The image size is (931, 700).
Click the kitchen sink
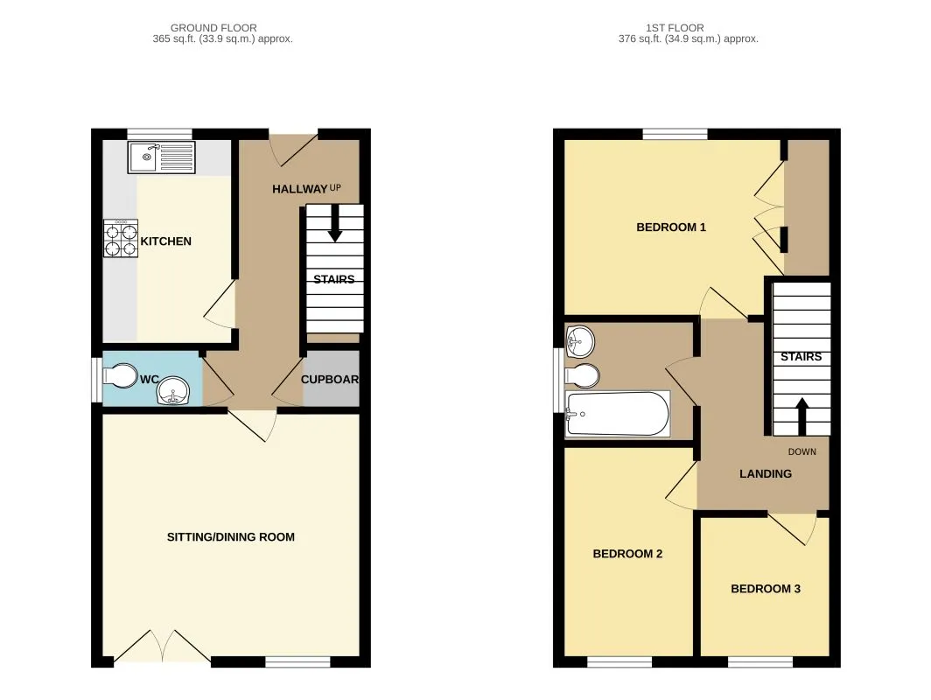(x=162, y=157)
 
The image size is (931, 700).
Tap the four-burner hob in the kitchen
(x=121, y=239)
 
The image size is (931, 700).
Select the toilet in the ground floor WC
(x=120, y=375)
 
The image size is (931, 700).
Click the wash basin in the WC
(x=173, y=392)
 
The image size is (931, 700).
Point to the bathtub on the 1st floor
(x=618, y=413)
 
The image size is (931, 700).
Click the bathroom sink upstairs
(x=580, y=342)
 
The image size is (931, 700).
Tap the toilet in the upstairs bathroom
(x=582, y=375)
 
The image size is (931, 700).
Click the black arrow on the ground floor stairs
(x=335, y=223)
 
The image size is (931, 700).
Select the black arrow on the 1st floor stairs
(x=801, y=416)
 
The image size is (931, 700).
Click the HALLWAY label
(x=300, y=189)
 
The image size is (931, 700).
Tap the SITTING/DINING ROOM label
(x=231, y=537)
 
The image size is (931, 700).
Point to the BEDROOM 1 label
(x=671, y=227)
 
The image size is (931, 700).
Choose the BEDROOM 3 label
(x=766, y=589)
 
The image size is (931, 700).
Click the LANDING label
(x=766, y=473)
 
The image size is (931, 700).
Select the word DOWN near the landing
(x=802, y=451)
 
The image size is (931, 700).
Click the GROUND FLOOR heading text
(x=213, y=28)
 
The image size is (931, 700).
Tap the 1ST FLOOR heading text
(x=675, y=28)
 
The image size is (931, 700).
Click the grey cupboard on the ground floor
(x=332, y=379)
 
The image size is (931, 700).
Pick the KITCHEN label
(x=165, y=241)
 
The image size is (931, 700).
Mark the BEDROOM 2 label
(x=627, y=554)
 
